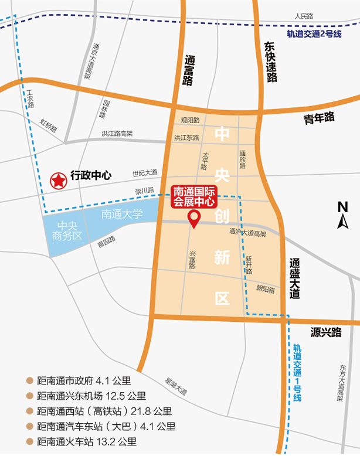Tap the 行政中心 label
tap(90, 175)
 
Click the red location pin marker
tap(193, 219)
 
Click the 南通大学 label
tap(122, 215)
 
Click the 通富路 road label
tap(188, 71)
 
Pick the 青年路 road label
tap(318, 117)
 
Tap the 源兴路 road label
tap(326, 332)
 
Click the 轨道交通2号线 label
tap(314, 34)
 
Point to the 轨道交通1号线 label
tap(297, 372)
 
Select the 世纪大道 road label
tap(144, 173)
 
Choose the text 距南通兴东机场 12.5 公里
tap(91, 396)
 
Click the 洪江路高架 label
tap(117, 134)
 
